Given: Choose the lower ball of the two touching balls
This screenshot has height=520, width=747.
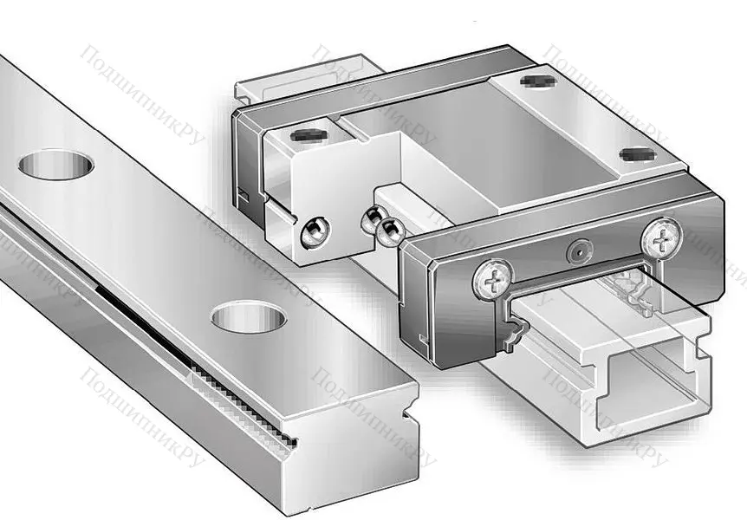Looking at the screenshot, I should [x=389, y=230].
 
